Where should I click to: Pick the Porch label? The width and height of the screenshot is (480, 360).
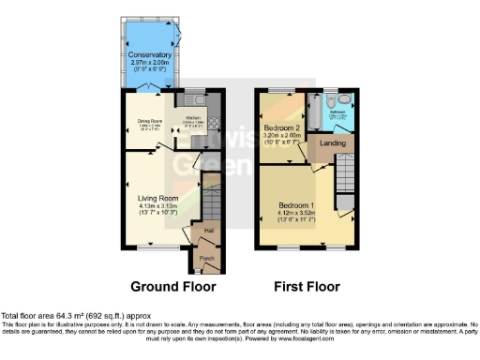click(x=206, y=259)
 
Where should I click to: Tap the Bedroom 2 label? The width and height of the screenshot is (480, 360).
click(x=281, y=127)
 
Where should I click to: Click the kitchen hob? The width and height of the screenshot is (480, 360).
click(x=213, y=121)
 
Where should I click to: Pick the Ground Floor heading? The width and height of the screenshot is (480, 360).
click(x=172, y=286)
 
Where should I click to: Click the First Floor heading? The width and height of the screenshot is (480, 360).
click(x=307, y=286)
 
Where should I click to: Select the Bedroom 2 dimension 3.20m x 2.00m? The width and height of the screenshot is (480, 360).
click(x=281, y=135)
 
